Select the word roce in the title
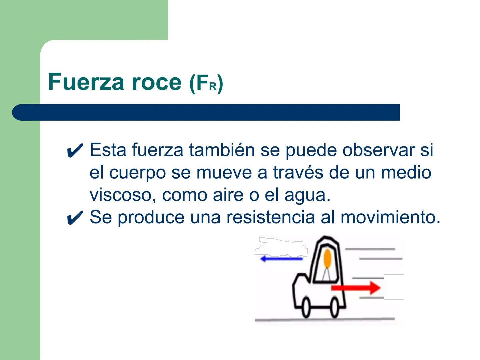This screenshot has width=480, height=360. [156, 82]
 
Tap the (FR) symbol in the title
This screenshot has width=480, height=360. [206, 83]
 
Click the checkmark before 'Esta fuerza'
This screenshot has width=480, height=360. [75, 151]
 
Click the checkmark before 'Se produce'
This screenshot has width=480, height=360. [75, 218]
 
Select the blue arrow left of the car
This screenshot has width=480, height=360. [281, 259]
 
